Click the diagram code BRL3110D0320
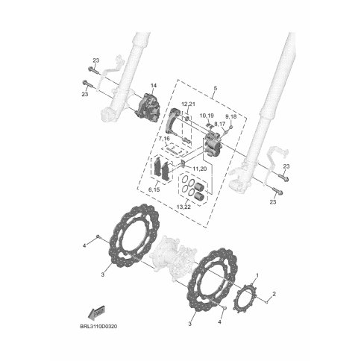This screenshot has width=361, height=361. [x=98, y=326]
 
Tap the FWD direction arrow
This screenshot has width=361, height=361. [x=96, y=313]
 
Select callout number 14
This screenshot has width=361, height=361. [x=154, y=86]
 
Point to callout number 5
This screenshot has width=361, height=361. [x=216, y=88]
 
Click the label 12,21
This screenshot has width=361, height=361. [x=188, y=104]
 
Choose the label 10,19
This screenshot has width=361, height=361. [x=207, y=116]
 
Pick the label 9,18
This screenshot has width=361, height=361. [x=231, y=116]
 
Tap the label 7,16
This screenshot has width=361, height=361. [x=164, y=138]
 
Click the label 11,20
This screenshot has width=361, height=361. [x=200, y=169]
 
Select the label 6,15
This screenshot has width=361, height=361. [x=154, y=189]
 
